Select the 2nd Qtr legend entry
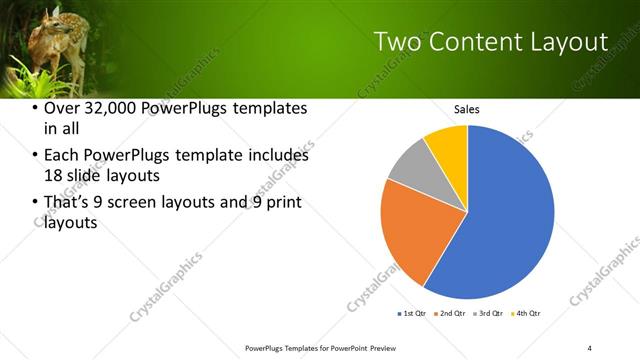(449, 314)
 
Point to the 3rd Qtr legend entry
(487, 314)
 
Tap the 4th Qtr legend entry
(524, 314)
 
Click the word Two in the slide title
(398, 41)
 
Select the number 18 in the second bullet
(53, 175)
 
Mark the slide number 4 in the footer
(590, 347)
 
